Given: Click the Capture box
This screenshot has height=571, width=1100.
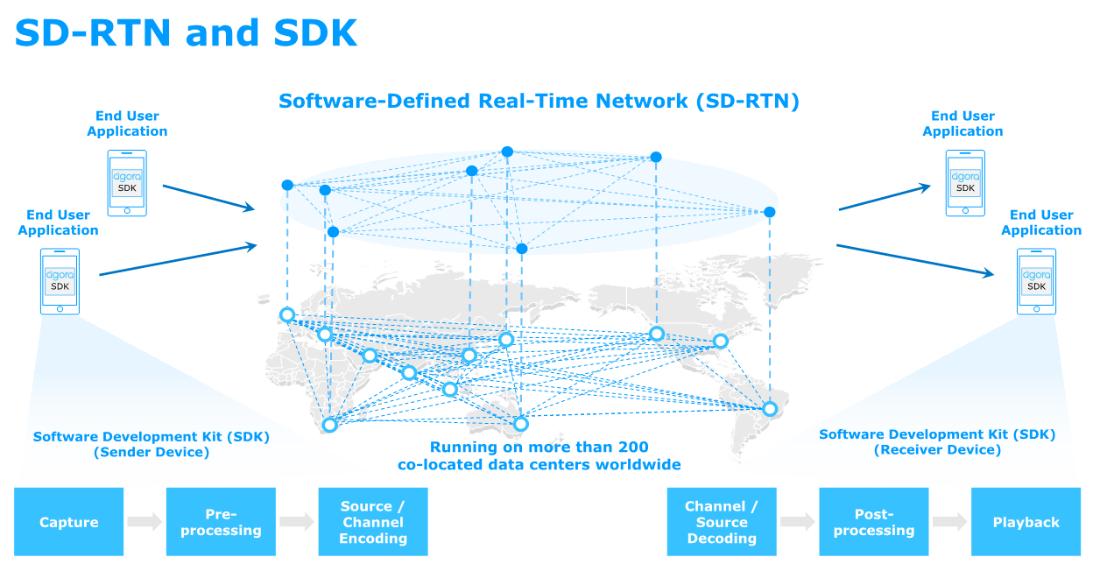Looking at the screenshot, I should click(x=68, y=522).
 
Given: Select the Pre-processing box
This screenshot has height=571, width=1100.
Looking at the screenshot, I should click(x=221, y=522).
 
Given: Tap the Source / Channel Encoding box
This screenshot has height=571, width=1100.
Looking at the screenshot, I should click(x=373, y=522).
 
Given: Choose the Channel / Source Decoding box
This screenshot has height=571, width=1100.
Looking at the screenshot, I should click(x=722, y=522).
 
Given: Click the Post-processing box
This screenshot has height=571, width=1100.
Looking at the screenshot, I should click(x=874, y=522).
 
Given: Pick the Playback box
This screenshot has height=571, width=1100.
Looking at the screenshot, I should click(x=1026, y=522).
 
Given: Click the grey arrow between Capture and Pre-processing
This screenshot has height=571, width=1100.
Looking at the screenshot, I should click(x=145, y=522).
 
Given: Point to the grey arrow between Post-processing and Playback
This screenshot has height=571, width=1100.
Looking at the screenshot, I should click(x=950, y=522).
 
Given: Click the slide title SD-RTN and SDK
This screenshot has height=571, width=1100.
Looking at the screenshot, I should click(x=186, y=33).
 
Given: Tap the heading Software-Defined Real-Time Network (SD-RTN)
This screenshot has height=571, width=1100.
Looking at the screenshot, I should click(x=539, y=101).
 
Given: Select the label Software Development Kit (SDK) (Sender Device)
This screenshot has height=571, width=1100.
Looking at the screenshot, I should click(x=151, y=444).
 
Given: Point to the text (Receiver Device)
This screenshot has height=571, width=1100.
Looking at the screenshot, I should click(x=937, y=450).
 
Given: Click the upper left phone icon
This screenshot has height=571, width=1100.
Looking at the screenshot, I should click(x=127, y=183).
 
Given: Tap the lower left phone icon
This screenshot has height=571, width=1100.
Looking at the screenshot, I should click(x=60, y=281).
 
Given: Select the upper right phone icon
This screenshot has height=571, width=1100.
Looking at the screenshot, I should click(x=965, y=183).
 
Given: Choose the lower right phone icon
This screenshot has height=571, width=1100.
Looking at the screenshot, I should click(x=1036, y=281).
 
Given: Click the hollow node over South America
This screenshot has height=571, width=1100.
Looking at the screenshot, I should click(x=769, y=409).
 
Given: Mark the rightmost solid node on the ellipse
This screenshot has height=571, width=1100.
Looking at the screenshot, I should click(x=769, y=212).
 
